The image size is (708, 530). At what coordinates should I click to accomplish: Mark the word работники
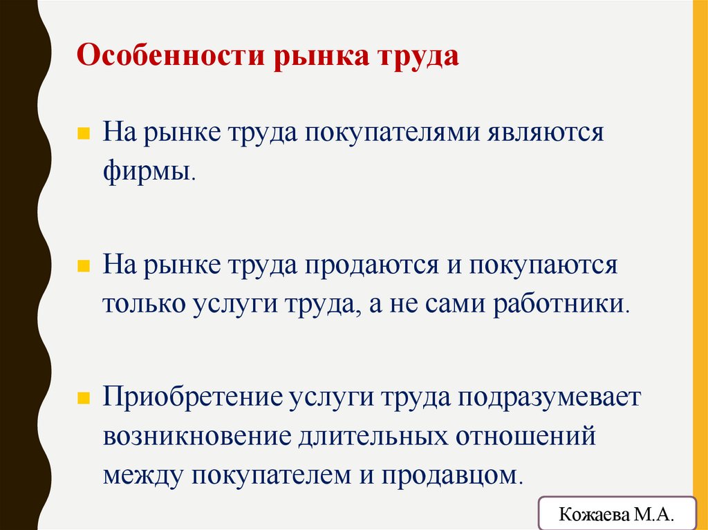(561, 304)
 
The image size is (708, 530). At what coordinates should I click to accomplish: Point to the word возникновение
(194, 438)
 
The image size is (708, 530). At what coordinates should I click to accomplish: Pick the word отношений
(528, 438)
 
